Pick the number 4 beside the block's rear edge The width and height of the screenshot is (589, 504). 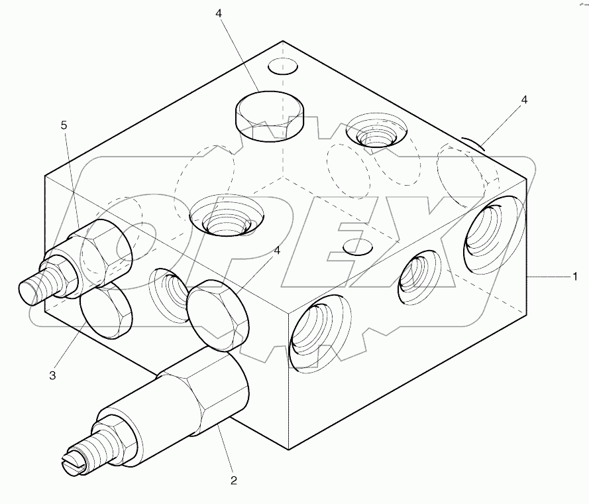[524, 100]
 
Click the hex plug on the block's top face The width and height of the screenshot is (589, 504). [269, 115]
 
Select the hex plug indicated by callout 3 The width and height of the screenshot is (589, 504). [106, 310]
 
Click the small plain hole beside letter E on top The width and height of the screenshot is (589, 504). [358, 247]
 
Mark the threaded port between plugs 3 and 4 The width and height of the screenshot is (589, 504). [169, 290]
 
